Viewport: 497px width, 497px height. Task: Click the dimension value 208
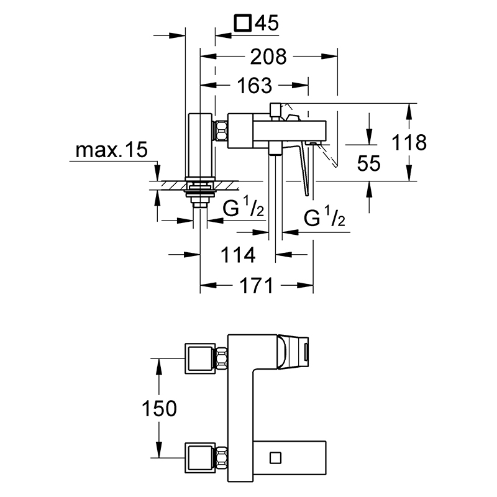268,57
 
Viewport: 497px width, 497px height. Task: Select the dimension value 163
255,86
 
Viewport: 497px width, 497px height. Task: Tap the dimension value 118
409,142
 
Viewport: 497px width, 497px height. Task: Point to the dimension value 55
368,163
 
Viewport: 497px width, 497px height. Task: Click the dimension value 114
238,255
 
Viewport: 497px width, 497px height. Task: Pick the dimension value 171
256,286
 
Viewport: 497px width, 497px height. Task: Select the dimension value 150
159,408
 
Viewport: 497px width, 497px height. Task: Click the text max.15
112,150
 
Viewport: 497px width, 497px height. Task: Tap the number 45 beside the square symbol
267,23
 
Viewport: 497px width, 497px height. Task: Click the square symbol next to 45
243,23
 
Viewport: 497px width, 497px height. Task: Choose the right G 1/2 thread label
324,217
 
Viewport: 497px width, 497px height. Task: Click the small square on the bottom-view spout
275,458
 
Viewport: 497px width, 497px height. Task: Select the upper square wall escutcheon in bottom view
200,358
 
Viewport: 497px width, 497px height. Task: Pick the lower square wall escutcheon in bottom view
200,458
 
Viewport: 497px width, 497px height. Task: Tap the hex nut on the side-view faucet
221,130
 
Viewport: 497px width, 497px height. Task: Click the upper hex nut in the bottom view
222,358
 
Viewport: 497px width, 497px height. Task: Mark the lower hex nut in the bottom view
222,458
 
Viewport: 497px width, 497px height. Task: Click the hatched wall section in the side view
200,185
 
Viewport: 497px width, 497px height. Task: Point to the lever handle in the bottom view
292,352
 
